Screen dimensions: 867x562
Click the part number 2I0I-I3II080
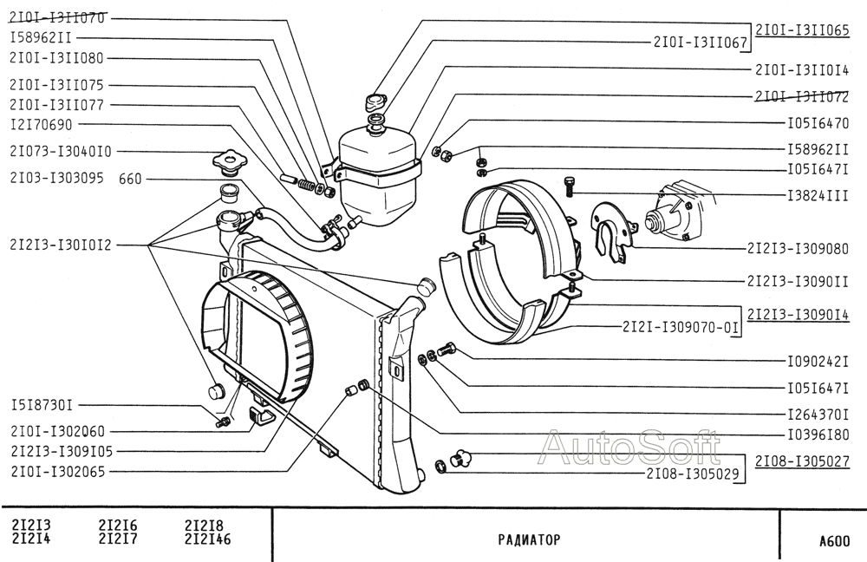(57, 58)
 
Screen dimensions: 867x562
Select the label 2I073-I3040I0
(61, 151)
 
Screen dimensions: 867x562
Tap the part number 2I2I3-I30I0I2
(61, 245)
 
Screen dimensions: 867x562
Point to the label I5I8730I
(42, 406)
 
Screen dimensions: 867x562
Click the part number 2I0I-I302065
(57, 472)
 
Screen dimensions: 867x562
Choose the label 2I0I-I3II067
(701, 42)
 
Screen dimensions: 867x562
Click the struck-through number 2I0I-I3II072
(802, 97)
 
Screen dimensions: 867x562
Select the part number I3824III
(818, 195)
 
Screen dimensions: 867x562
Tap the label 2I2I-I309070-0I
(680, 327)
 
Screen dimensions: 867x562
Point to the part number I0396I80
(818, 435)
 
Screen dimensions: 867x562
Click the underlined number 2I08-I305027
(802, 461)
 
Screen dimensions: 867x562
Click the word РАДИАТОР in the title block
(529, 539)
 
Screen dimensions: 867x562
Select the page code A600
(835, 540)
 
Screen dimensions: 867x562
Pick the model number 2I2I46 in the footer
(207, 539)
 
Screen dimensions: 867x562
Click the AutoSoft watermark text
(630, 447)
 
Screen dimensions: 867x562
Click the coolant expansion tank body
(376, 177)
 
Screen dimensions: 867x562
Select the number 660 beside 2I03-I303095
(131, 179)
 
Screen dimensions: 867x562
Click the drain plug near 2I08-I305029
(460, 458)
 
